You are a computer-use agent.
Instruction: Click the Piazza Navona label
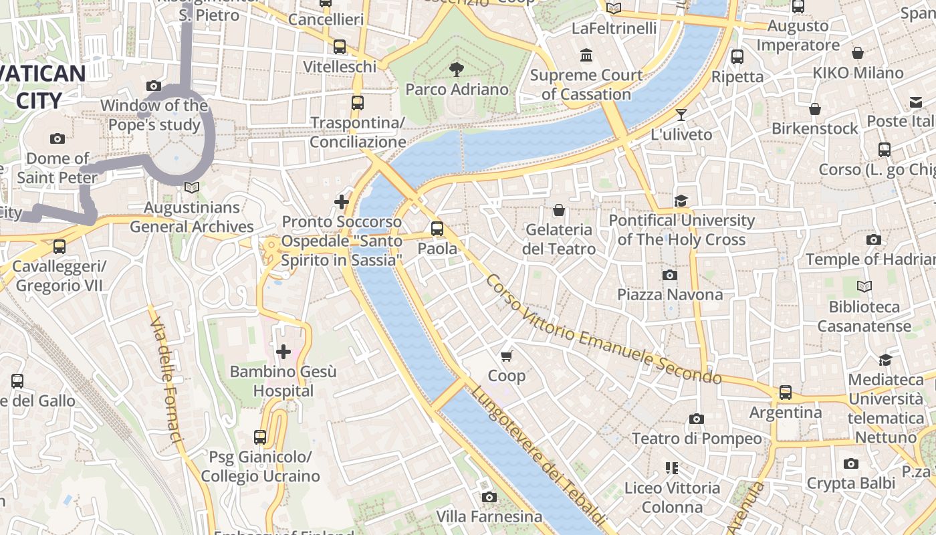point(669,294)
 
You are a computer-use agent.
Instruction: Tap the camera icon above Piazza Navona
point(669,275)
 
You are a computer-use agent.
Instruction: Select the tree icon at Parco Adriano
point(457,69)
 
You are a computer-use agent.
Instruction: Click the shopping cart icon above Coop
point(506,356)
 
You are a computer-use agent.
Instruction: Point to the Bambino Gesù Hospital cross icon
point(283,351)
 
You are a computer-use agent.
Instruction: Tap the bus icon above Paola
point(437,229)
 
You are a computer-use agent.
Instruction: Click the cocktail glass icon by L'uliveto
point(681,115)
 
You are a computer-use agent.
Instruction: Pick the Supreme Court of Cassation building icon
point(586,55)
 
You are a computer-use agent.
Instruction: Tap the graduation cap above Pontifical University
point(681,201)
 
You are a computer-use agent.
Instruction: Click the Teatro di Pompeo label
point(697,439)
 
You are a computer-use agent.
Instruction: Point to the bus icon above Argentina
point(786,393)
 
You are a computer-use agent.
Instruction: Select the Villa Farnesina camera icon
point(489,497)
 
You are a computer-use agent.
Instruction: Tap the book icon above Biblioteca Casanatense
point(864,287)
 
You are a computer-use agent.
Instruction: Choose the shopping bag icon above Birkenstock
point(815,109)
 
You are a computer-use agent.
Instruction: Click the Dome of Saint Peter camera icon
point(57,138)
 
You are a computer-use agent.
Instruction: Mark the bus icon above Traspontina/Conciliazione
point(358,103)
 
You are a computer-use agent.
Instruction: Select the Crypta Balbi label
point(850,483)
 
